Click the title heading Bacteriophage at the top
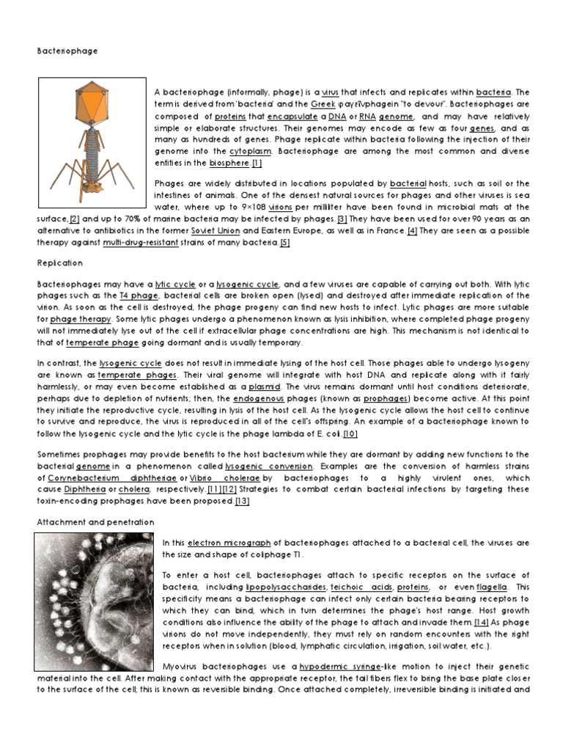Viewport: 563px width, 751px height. coord(67,51)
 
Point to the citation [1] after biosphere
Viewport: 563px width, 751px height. coord(256,163)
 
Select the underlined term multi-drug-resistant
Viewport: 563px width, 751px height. coord(143,242)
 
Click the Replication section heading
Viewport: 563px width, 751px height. coord(59,263)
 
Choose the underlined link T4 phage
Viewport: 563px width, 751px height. coord(139,295)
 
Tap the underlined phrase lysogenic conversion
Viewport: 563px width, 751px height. coord(270,466)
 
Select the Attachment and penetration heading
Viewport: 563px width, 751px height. coord(96,521)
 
